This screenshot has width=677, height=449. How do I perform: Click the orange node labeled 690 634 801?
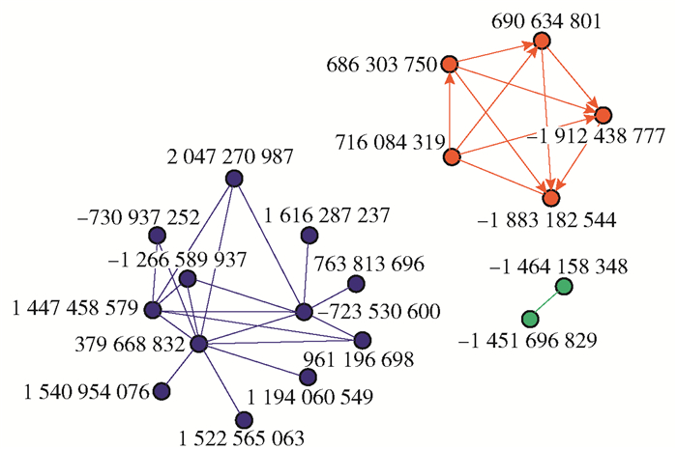(x=541, y=42)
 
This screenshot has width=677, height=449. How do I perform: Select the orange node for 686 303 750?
(x=449, y=66)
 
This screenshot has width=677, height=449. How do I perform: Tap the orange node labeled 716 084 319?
(x=451, y=156)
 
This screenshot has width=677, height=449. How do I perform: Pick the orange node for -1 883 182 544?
(x=551, y=198)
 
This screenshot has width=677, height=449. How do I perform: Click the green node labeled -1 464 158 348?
(x=564, y=286)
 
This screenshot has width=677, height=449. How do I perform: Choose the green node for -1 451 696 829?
(x=530, y=320)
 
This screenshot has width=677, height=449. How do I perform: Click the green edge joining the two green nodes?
(x=547, y=302)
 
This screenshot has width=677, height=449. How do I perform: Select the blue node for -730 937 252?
(x=157, y=236)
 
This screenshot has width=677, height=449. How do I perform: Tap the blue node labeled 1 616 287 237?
(x=309, y=235)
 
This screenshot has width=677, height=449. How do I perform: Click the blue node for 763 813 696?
(x=355, y=283)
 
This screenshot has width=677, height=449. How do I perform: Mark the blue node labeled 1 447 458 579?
(x=153, y=310)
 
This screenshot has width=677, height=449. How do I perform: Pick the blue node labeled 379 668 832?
(x=199, y=344)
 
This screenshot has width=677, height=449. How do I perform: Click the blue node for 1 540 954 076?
(x=162, y=390)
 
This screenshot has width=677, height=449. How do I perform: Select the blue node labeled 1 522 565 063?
(x=244, y=418)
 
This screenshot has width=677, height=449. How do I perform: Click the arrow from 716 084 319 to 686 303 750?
(x=450, y=111)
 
